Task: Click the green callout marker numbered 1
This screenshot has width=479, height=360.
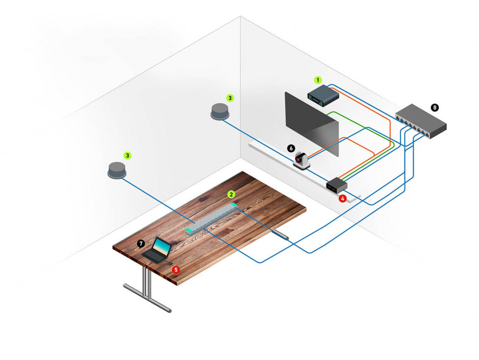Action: [x=318, y=79]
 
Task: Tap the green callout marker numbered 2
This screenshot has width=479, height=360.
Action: [x=231, y=194]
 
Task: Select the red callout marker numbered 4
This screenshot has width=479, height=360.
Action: [x=343, y=198]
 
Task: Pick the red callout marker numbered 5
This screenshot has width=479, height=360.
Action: [x=176, y=269]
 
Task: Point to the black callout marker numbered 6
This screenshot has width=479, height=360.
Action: [x=291, y=148]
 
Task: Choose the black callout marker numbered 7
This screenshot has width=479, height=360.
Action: [x=141, y=244]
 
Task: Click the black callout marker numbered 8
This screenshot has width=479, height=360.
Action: [x=435, y=108]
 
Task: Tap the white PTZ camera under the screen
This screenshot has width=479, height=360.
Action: [x=302, y=160]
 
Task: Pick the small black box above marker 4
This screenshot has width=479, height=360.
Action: [x=336, y=185]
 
